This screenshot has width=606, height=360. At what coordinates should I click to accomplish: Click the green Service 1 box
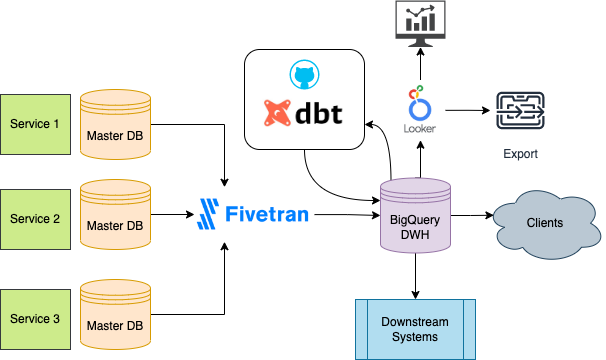36,125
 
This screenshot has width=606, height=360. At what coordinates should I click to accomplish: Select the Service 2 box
36,219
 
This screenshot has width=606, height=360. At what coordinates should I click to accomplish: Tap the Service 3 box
36,319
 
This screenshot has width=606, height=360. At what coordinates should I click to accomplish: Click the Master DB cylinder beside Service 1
115,125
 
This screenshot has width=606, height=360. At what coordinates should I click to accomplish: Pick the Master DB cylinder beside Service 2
115,215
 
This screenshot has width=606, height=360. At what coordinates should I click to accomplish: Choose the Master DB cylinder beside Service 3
115,315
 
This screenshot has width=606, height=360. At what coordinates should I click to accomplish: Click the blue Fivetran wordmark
267,214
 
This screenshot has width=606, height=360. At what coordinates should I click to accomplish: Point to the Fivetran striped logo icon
208,214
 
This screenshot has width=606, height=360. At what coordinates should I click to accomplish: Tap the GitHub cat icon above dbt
305,74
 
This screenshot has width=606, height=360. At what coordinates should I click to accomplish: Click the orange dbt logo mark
277,113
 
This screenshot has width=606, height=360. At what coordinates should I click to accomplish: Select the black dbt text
319,113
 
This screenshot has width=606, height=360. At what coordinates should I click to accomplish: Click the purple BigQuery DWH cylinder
415,215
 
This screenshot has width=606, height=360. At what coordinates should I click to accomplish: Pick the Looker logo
420,109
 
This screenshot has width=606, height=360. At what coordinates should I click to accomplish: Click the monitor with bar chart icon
420,24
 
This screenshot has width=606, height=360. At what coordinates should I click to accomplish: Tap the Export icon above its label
520,111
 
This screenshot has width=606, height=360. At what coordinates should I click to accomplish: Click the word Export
520,154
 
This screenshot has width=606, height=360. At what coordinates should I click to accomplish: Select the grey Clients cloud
547,224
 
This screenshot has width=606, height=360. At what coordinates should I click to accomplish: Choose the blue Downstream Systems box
415,329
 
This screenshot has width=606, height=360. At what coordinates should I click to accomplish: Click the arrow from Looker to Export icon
468,111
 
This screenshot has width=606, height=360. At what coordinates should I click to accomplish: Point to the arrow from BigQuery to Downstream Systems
415,276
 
